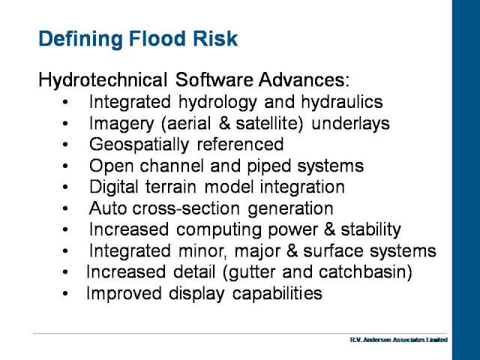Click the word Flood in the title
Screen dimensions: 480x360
coord(157,38)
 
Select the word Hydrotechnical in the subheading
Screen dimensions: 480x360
coord(103,80)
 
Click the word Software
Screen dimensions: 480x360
coord(214,79)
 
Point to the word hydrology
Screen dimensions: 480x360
coord(217,102)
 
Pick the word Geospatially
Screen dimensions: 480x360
coord(139,145)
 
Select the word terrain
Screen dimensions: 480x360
coord(170,187)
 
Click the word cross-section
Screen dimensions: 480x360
coord(186,208)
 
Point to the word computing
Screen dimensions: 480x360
coord(218,230)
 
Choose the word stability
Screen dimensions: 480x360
coord(370,229)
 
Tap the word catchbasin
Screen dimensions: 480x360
coord(362,271)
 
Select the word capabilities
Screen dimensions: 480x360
coord(277,293)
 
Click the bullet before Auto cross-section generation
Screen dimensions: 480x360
coord(65,208)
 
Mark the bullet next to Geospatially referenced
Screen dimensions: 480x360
coord(65,145)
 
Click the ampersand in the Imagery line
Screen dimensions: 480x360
coord(224,123)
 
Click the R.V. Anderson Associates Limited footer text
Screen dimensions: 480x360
coord(399,340)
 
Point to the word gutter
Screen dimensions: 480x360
coord(251,272)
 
